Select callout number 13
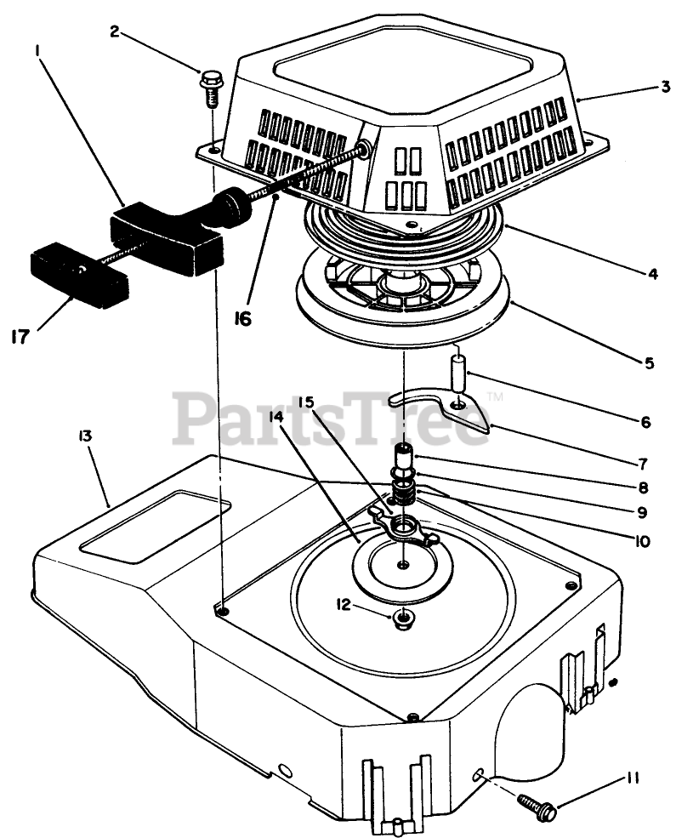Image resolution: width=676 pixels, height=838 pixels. click(84, 436)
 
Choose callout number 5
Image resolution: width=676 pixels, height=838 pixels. click(649, 363)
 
